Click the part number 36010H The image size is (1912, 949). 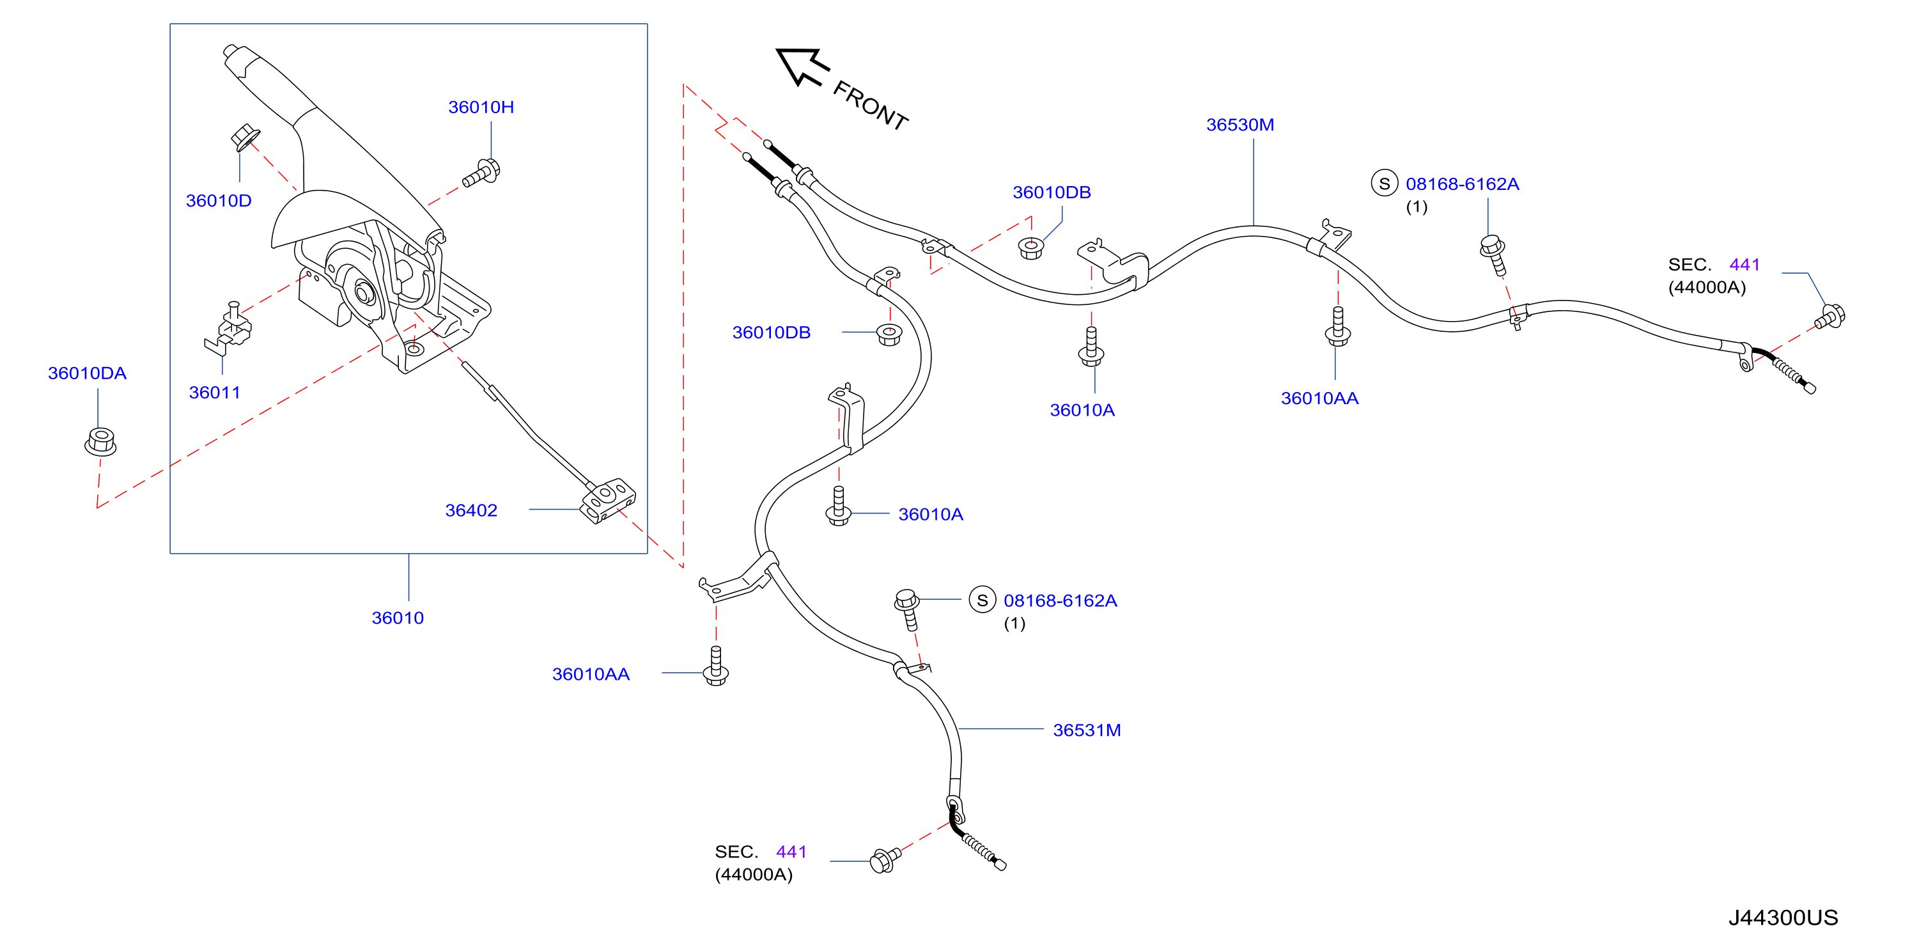[x=481, y=107]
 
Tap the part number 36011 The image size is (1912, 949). [x=215, y=392]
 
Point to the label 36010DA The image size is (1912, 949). [x=87, y=373]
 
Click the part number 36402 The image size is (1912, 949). [x=470, y=510]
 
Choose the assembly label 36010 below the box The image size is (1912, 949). [x=397, y=618]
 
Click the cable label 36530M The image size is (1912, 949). [x=1240, y=125]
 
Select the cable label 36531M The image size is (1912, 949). [x=1087, y=730]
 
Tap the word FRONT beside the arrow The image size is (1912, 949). [x=871, y=106]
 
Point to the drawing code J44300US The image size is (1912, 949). [x=1783, y=918]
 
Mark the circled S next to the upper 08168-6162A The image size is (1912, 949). [x=1384, y=184]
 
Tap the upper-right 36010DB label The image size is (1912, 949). [x=1051, y=192]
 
